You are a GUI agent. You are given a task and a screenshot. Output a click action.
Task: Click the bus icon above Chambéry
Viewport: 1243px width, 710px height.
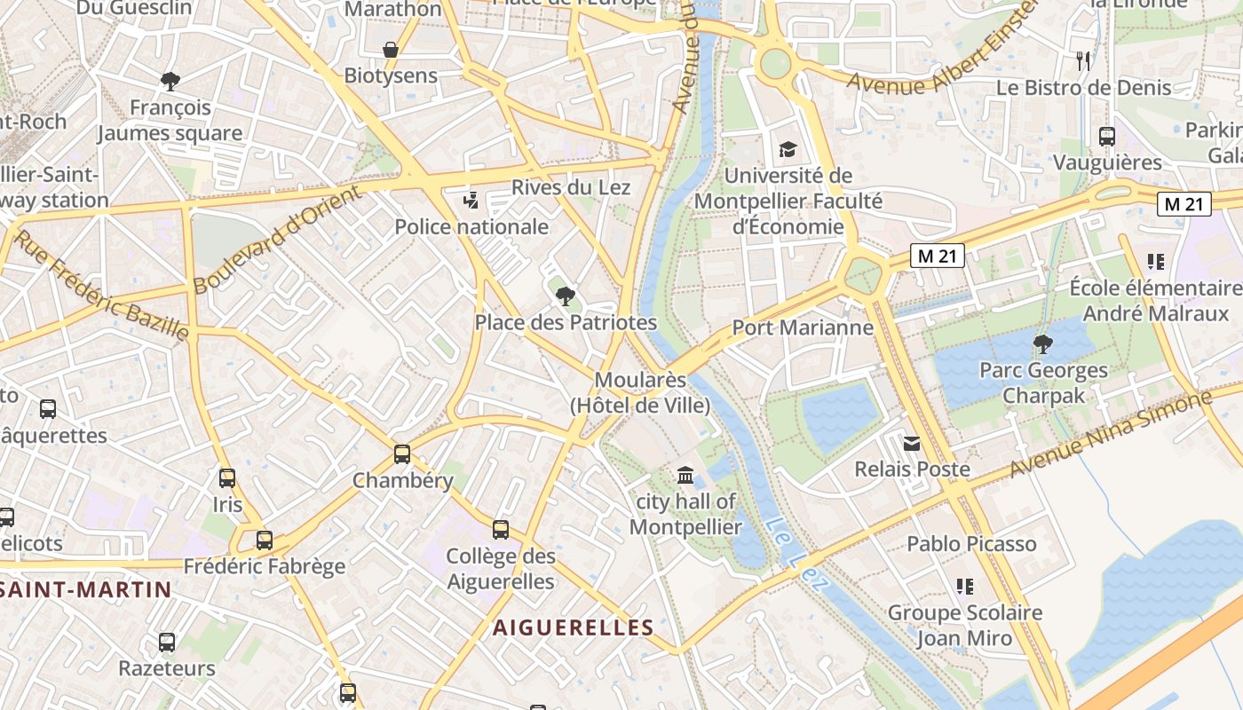click(x=402, y=454)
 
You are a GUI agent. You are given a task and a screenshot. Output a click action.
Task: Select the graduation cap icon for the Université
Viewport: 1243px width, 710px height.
click(x=788, y=149)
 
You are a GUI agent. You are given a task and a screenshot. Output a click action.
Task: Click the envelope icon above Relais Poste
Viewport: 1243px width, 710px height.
click(x=912, y=443)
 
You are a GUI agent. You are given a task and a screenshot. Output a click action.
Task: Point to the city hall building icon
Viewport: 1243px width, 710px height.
click(x=685, y=476)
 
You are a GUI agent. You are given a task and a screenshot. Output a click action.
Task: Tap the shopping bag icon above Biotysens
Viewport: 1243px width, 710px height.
click(x=390, y=50)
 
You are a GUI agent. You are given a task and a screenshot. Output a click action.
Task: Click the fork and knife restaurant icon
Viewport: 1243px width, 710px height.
click(x=1083, y=60)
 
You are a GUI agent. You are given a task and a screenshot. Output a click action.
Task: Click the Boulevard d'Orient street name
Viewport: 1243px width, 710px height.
click(x=277, y=240)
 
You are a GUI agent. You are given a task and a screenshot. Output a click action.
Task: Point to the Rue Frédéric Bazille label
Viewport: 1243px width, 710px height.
click(x=102, y=286)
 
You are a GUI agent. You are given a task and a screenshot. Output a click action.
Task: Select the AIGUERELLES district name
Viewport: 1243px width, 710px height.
click(x=574, y=627)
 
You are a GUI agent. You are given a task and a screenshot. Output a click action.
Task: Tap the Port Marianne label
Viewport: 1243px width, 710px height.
click(x=803, y=327)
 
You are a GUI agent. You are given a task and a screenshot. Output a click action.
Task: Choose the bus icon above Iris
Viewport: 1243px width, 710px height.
click(x=227, y=478)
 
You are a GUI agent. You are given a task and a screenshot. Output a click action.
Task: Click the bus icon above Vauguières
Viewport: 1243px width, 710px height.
click(x=1107, y=137)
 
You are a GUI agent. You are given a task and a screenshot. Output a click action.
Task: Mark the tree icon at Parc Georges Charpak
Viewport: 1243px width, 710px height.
click(x=1043, y=344)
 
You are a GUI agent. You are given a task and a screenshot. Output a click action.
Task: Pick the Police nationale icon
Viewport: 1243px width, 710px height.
click(x=471, y=201)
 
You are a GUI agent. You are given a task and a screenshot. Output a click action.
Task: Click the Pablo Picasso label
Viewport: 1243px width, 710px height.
click(x=971, y=544)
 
